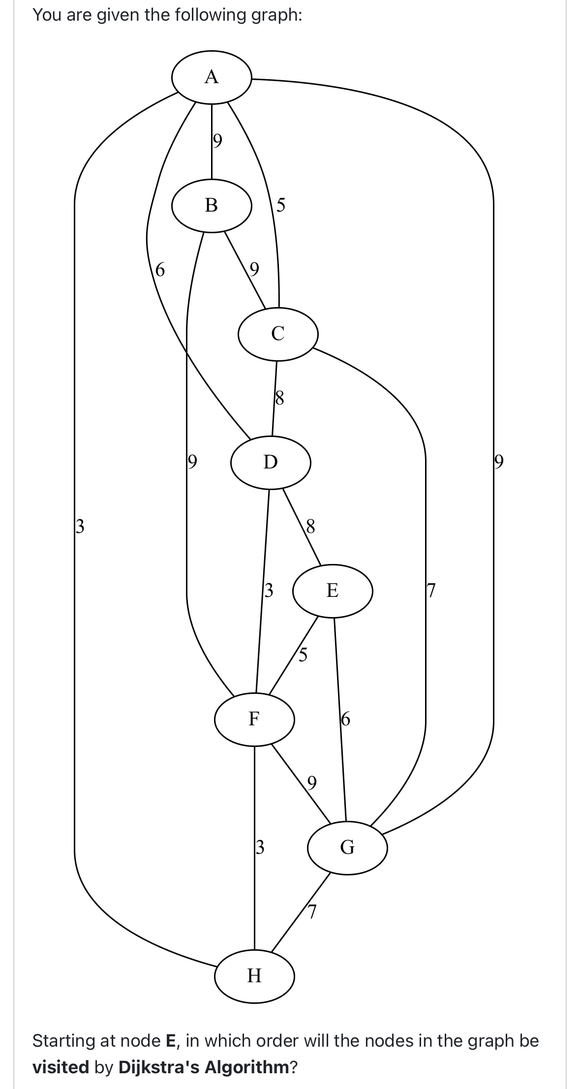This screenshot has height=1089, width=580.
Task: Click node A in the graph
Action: pos(212,77)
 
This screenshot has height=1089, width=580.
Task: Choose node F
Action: pos(254,718)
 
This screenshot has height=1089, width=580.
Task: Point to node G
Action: pos(347,847)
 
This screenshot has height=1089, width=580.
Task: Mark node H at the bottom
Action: pos(254,975)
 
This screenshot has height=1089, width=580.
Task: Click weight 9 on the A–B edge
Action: pos(217,141)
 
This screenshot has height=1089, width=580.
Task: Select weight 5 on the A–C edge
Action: pos(280,204)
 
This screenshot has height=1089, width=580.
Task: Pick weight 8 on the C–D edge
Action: pos(279,397)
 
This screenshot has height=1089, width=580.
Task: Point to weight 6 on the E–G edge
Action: pos(345,719)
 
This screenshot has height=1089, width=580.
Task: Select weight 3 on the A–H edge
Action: pos(80,526)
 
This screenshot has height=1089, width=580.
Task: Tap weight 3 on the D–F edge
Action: pos(269,590)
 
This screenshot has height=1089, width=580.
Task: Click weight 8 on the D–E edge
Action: pos(310,526)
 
